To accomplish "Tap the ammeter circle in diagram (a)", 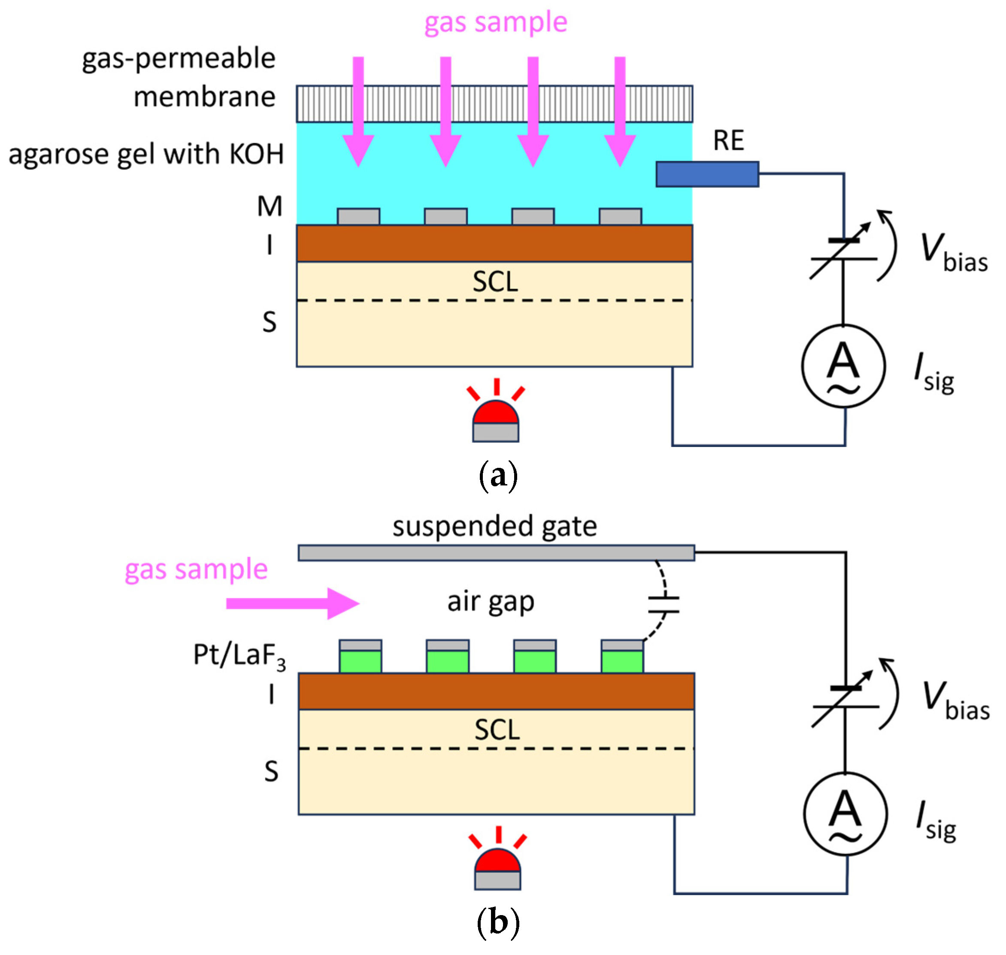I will click(843, 366).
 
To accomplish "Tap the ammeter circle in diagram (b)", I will click(845, 814).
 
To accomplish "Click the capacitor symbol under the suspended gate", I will click(664, 604).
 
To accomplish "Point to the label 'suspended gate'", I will click(494, 526).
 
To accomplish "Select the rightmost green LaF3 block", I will click(622, 661).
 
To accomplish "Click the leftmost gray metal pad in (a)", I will click(358, 216).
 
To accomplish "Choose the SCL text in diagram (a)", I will click(495, 282).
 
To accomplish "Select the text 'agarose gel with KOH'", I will click(146, 154).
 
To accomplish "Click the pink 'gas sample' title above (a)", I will click(495, 23).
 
